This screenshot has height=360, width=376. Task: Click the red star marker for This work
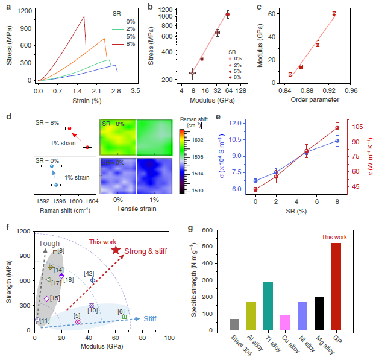point(116,250)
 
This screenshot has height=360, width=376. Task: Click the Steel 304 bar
point(234,324)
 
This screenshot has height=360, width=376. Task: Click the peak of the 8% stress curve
point(84,17)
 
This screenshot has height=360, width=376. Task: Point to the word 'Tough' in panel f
point(49,244)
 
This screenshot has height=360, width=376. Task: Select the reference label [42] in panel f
point(88,273)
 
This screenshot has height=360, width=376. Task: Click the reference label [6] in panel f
point(121,311)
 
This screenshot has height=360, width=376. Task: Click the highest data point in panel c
point(334,13)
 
